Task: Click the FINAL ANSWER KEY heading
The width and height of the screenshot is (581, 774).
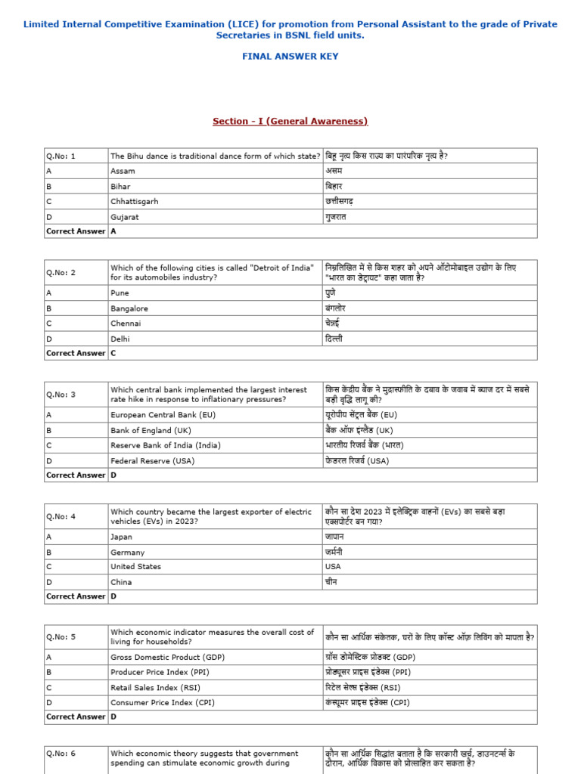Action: [x=290, y=57]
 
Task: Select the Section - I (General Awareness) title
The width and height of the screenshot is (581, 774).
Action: [x=290, y=121]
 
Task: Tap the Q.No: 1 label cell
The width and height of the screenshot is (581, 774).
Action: [x=61, y=156]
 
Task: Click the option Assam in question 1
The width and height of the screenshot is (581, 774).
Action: [x=123, y=172]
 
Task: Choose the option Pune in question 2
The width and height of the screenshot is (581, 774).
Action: [x=120, y=293]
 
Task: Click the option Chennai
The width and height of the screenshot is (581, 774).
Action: [x=126, y=324]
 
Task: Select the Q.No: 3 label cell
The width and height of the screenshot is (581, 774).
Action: [x=61, y=395]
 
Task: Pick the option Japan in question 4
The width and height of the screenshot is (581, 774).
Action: [x=121, y=537]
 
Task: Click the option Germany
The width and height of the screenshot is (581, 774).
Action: [x=127, y=553]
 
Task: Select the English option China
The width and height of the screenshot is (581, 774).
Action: [x=121, y=582]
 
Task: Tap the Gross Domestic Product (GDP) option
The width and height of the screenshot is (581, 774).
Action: [x=167, y=657]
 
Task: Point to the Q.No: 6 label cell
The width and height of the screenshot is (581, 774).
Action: [x=61, y=754]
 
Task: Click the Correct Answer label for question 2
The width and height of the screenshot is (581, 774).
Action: [x=76, y=353]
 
